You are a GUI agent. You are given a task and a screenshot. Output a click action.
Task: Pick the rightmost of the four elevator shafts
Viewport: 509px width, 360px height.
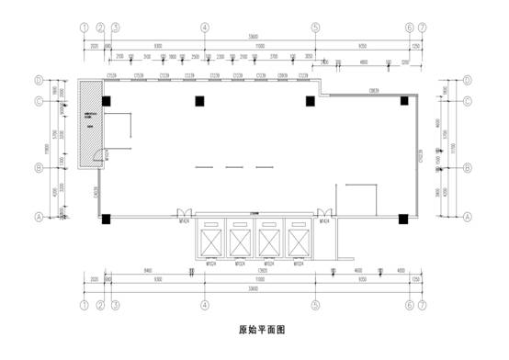click(297, 241)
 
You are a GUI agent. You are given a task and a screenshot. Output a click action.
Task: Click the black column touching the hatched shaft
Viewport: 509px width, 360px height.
click(107, 100)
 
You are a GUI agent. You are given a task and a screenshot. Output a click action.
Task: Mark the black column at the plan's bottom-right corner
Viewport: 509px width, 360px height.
click(402, 219)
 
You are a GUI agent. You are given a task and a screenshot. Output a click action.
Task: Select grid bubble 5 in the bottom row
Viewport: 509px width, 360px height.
click(315, 303)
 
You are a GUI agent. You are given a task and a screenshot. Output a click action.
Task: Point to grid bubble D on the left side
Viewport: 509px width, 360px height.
click(40, 81)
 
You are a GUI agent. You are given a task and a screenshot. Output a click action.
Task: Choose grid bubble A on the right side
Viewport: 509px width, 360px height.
click(469, 217)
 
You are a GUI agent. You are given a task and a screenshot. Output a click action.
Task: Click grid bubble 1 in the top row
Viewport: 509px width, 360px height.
click(85, 28)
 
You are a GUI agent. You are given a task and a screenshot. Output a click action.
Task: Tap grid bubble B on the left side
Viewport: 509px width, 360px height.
click(40, 168)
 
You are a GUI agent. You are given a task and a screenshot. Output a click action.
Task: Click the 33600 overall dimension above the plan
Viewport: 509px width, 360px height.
click(253, 37)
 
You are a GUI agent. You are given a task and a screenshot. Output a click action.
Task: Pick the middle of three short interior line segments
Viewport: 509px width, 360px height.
click(231, 166)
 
